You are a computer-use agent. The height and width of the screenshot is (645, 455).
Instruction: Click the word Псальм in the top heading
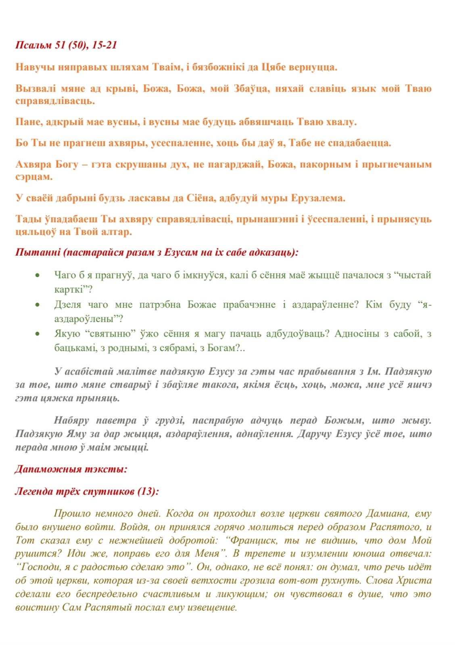pos(34,45)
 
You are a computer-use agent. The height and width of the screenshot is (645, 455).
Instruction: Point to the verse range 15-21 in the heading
pos(104,45)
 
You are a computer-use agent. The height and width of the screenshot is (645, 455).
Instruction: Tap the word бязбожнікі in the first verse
pos(218,67)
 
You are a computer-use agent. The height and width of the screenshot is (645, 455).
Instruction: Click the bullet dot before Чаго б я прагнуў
pos(38,276)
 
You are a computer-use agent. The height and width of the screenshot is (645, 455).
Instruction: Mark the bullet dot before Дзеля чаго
pos(38,305)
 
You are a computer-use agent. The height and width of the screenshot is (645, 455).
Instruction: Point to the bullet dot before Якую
pos(38,334)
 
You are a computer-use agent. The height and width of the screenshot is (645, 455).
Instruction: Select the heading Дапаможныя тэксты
pos(71,469)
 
